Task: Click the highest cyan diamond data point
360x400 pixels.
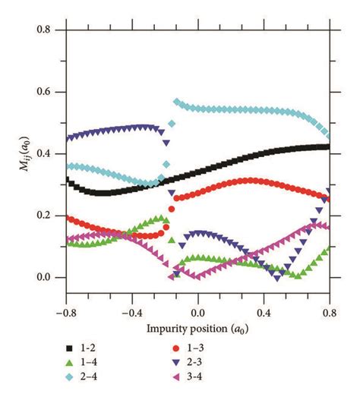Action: click(x=176, y=101)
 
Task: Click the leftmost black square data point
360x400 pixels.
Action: click(x=67, y=179)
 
